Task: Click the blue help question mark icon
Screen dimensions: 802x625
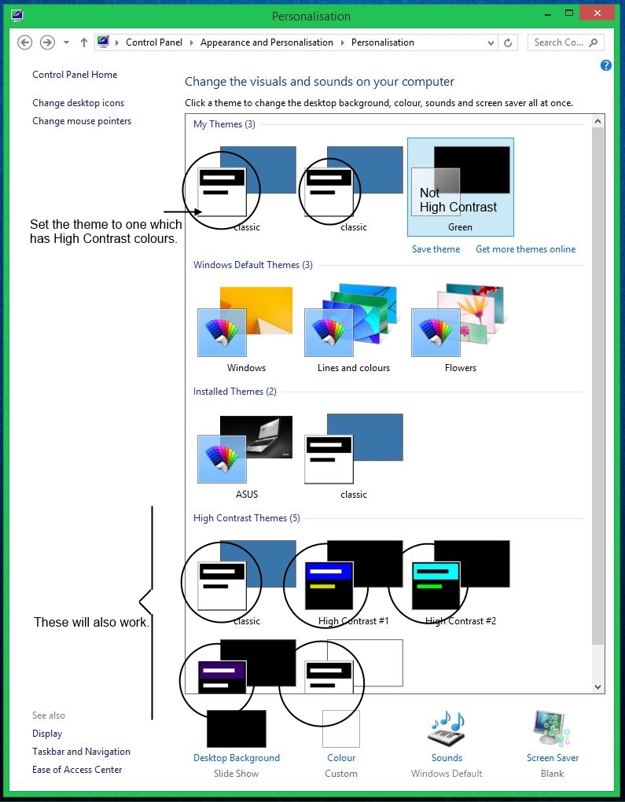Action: tap(606, 65)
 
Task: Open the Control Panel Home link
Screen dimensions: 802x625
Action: tap(75, 75)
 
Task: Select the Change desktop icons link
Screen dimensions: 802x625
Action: tap(78, 103)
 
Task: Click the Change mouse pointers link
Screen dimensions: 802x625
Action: tap(82, 121)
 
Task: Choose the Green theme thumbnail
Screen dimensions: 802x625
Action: tap(461, 186)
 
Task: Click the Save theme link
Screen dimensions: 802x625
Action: tap(436, 249)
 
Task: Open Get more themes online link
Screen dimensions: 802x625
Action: tap(525, 249)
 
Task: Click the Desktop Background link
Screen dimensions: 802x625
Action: tap(237, 758)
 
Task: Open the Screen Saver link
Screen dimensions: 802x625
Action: tap(553, 758)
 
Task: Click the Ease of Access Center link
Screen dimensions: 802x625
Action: tap(77, 770)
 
